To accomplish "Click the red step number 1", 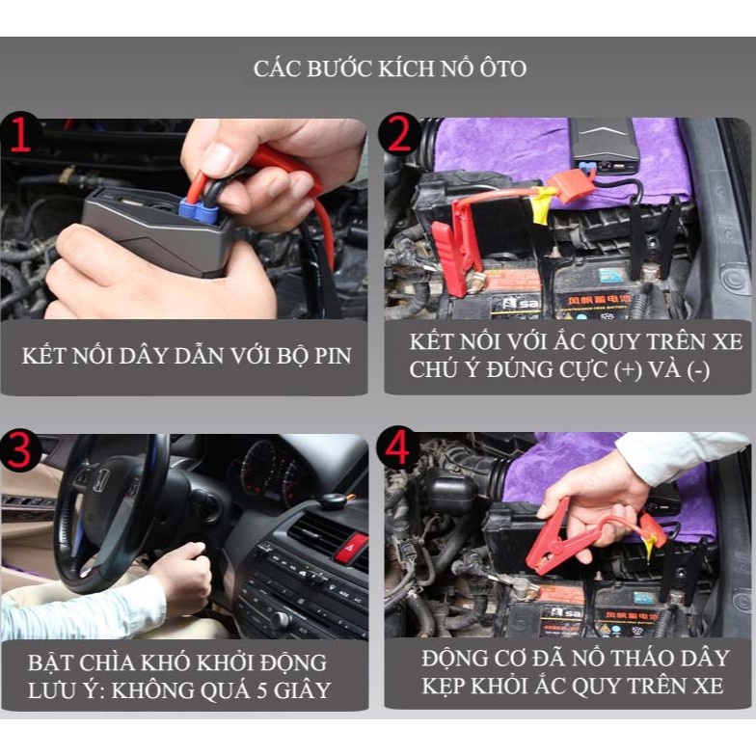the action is click(x=20, y=136).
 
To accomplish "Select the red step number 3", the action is click(x=19, y=450).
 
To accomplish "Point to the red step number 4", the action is click(x=398, y=449).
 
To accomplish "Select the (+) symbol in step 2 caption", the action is click(x=628, y=370).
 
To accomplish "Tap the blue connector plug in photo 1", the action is click(x=197, y=210).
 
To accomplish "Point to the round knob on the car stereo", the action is click(x=280, y=620).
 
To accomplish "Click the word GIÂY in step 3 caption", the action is click(x=303, y=690).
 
